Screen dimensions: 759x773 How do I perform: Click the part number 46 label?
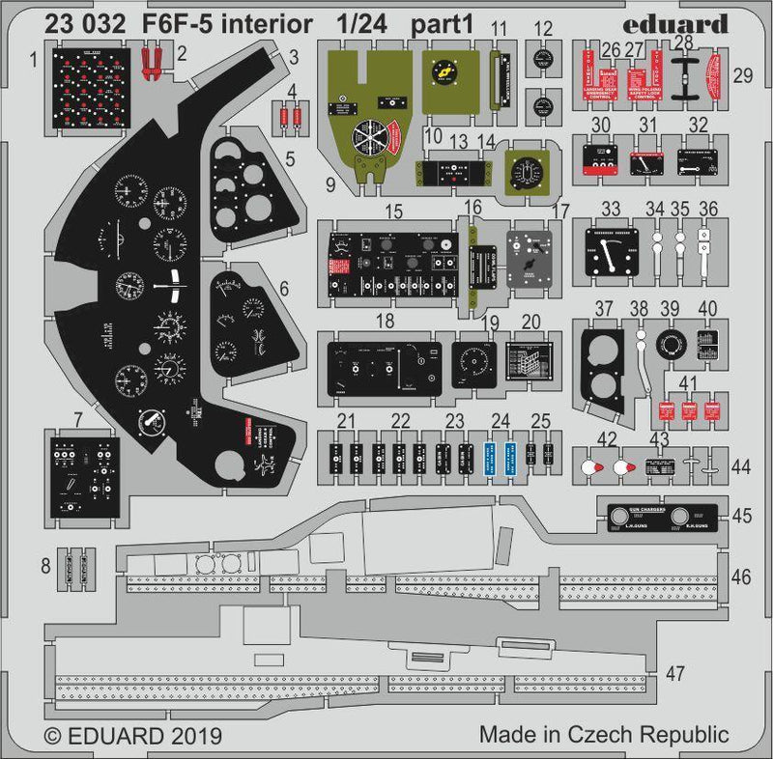tap(741, 577)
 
